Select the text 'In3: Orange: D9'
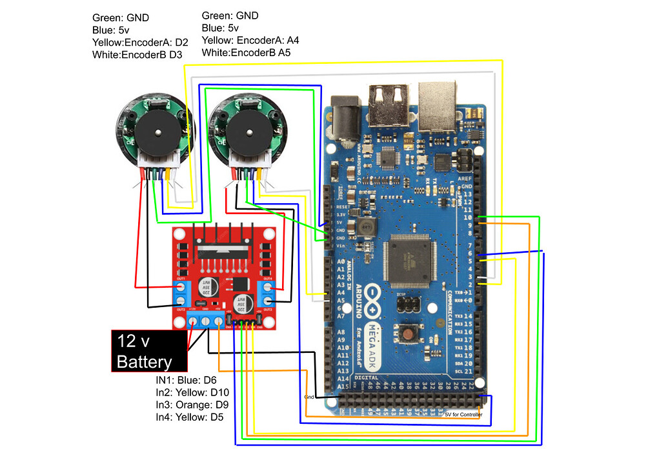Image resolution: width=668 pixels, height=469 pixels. tap(192, 404)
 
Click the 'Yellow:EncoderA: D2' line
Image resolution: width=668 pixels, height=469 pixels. tap(140, 43)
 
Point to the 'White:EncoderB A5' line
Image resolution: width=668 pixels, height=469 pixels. tap(246, 53)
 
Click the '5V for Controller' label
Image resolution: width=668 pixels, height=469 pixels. tap(463, 414)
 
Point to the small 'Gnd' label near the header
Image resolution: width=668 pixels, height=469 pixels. tap(309, 397)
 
